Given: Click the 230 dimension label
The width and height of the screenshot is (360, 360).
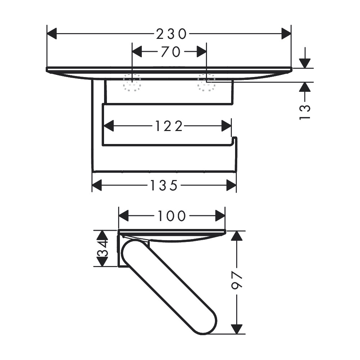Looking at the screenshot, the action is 171,34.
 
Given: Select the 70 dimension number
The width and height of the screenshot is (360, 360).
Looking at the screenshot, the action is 171,51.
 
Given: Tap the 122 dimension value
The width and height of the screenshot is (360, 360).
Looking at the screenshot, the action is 169,126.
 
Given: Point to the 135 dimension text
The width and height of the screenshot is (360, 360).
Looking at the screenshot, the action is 164,185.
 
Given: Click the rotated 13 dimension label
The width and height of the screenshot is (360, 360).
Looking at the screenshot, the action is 305,112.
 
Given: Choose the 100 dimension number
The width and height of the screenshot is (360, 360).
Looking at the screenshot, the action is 172,216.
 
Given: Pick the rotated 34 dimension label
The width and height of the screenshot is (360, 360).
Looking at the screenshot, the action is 102,248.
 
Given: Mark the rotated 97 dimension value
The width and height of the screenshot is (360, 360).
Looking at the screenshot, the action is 237,280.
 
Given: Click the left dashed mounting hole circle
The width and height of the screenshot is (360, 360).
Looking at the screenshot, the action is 132,82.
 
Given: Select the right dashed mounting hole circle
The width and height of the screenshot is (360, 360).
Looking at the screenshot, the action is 206,82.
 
